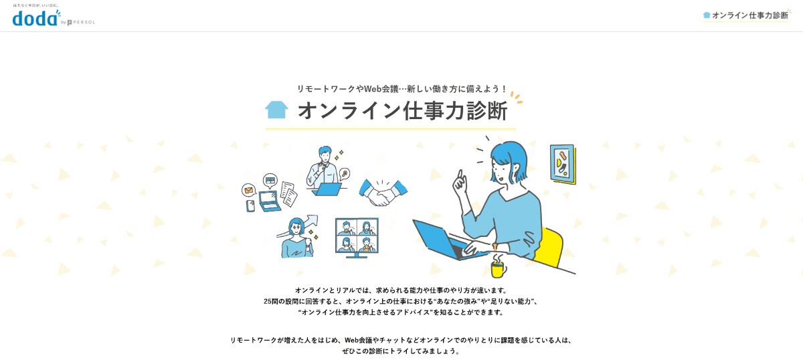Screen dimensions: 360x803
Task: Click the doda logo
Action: coord(35,18)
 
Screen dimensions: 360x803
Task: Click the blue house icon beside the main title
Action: coord(276,109)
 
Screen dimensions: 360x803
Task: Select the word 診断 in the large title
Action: coord(485,110)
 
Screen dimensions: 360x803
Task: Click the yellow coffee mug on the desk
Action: coord(498,268)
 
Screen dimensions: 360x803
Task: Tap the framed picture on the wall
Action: coord(563,164)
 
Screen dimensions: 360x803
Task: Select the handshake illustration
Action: coord(383,192)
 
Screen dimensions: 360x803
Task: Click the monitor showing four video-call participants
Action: coord(357,236)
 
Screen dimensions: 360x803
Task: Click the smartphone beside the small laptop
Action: coord(251,206)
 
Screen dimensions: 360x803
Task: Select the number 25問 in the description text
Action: coord(272,301)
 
